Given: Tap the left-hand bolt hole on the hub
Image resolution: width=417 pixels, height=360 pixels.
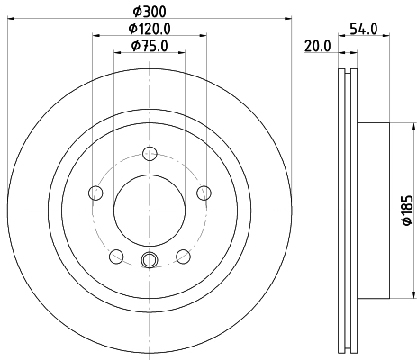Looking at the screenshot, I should point(95,191).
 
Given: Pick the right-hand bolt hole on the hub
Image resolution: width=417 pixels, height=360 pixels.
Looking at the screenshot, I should point(204,191).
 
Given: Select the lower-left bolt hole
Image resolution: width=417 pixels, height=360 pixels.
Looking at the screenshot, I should point(116,256).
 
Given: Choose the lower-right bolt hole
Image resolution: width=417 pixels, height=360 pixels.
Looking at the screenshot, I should point(183,256).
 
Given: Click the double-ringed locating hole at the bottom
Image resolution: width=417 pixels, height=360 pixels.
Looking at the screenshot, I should point(150,261).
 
